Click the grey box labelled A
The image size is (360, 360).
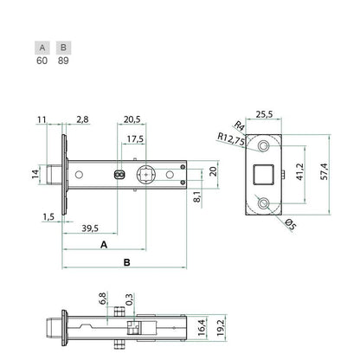coord(42,48)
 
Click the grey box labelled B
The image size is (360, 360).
coord(63,48)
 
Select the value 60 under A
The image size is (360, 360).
coord(42,61)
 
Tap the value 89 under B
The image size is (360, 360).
coord(63,61)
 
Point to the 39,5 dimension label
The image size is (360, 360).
coord(90,228)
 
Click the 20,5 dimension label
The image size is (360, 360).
coord(132,119)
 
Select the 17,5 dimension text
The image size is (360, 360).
coord(135,139)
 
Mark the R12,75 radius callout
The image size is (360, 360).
coord(231,140)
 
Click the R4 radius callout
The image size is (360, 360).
coord(239,126)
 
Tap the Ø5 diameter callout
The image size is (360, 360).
coord(290,225)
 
